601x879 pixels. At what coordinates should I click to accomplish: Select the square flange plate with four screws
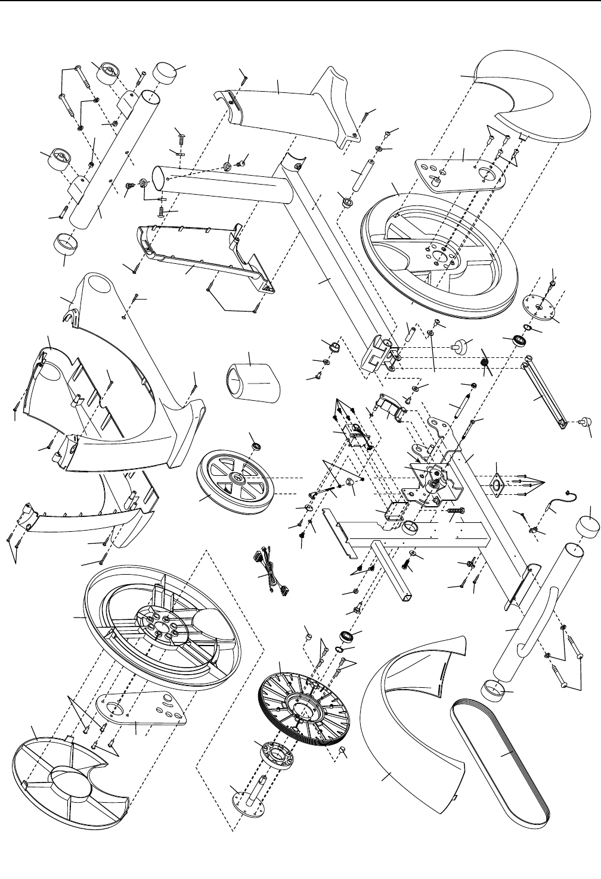pyautogui.click(x=495, y=485)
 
